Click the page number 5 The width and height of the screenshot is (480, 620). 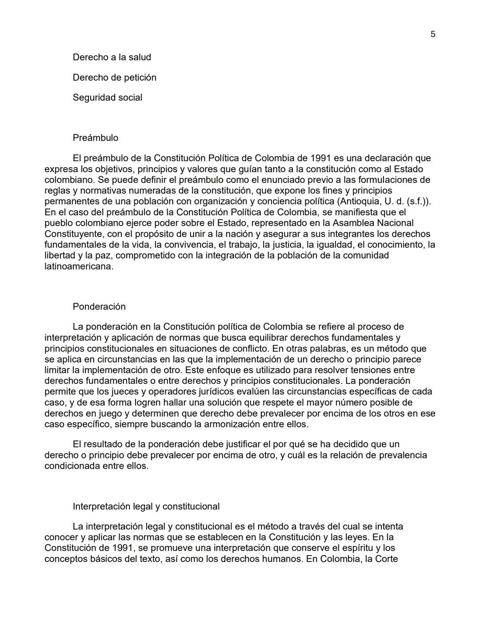[433, 34]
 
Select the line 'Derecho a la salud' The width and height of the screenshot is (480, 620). [112, 57]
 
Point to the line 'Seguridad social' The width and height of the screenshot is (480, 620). [107, 98]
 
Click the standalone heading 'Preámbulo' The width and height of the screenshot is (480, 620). [96, 138]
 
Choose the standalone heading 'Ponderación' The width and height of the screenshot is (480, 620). [99, 307]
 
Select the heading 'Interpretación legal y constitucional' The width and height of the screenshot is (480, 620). [146, 506]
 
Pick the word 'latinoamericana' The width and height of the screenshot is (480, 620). [78, 266]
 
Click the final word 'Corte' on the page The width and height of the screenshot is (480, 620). [386, 559]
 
